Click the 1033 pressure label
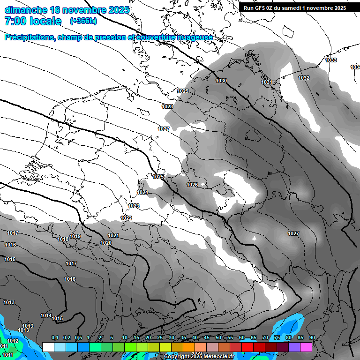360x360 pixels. click(331, 60)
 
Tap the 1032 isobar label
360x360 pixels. click(304, 78)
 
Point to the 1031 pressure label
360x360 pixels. click(267, 82)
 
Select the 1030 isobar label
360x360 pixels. click(221, 81)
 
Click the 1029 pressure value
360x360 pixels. click(183, 91)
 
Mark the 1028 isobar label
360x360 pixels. click(167, 107)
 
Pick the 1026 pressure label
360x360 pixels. click(192, 185)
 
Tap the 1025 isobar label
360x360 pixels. click(158, 177)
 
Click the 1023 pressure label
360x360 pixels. click(134, 206)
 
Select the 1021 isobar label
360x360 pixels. click(113, 235)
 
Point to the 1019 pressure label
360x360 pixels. click(75, 236)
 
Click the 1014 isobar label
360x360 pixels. click(45, 315)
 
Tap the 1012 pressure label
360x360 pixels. click(13, 341)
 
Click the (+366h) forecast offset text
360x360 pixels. click(83, 21)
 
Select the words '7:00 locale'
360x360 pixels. click(33, 21)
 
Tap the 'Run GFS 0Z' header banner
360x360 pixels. click(295, 7)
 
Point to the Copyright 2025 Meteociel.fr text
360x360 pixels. click(199, 356)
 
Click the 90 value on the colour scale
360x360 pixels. click(312, 337)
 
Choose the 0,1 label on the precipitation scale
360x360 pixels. click(55, 337)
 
